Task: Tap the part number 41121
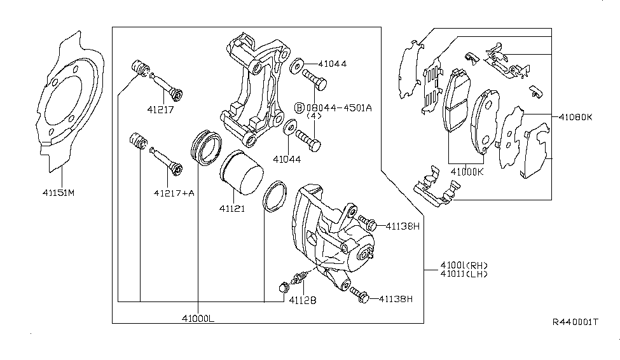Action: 232,208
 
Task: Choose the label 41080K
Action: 576,117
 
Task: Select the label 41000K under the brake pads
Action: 467,172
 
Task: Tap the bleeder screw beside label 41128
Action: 297,279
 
